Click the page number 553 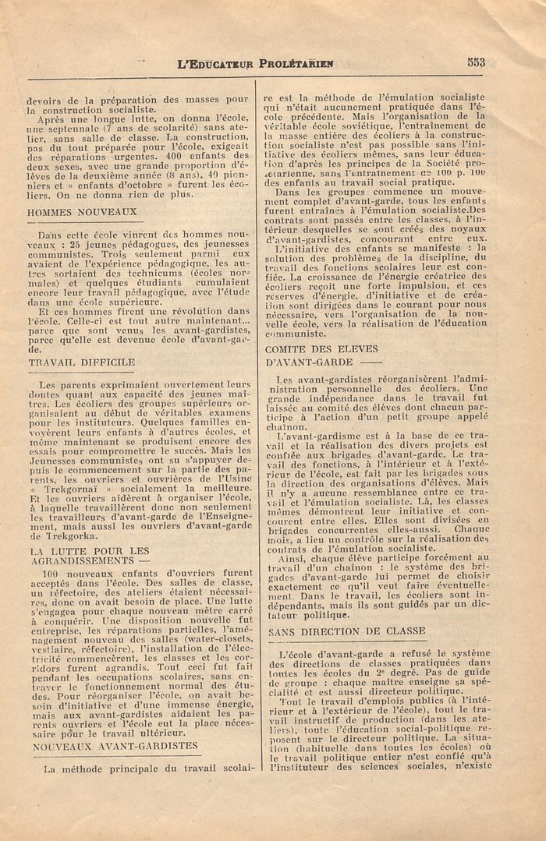476,63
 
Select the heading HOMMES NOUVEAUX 82,211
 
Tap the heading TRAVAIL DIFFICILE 81,362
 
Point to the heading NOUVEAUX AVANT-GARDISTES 115,746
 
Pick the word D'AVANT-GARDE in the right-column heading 304,362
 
